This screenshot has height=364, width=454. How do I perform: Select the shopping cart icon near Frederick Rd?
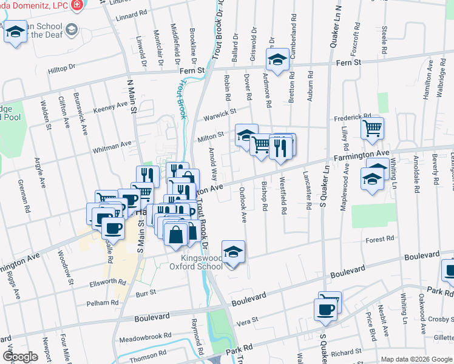(372, 128)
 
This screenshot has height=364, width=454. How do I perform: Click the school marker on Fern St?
(277, 59)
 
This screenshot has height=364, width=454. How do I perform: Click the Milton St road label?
(211, 138)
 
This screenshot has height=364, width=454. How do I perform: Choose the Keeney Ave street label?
(111, 107)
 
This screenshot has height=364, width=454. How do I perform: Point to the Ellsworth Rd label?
(106, 282)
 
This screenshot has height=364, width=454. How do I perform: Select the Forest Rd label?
(381, 240)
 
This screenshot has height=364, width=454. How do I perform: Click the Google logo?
(20, 357)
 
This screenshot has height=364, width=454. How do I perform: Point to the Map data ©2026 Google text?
(416, 359)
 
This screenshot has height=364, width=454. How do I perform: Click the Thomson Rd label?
(144, 358)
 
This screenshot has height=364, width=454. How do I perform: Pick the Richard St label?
(347, 352)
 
